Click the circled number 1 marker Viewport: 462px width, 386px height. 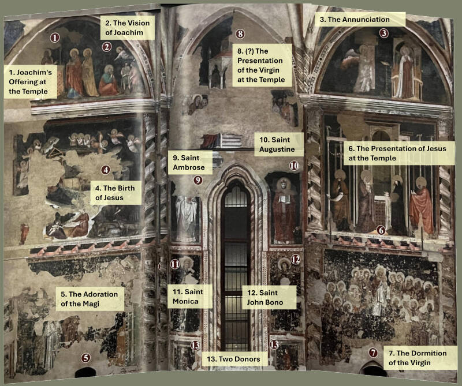(x=55, y=38)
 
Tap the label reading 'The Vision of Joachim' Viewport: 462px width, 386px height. (x=127, y=28)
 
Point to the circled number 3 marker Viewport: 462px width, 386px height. (x=383, y=33)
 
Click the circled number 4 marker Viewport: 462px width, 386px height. (x=106, y=170)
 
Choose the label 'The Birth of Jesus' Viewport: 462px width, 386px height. (x=115, y=193)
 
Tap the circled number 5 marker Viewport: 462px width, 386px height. (x=85, y=358)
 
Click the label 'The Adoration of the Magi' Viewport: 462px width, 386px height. (x=90, y=299)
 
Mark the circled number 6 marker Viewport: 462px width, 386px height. (x=381, y=230)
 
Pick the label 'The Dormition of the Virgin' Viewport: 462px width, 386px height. (x=418, y=358)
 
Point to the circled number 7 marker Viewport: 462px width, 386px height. (x=373, y=353)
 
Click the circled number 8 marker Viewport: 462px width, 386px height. (x=240, y=34)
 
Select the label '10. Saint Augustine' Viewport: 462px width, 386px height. (x=277, y=144)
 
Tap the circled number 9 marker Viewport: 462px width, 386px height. (x=198, y=180)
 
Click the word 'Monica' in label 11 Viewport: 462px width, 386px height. (x=185, y=302)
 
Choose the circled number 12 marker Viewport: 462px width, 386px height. (x=296, y=260)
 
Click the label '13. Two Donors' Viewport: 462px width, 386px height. (x=233, y=359)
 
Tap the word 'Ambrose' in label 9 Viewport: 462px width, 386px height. (x=189, y=167)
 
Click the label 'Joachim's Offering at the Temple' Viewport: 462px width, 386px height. (x=31, y=81)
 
